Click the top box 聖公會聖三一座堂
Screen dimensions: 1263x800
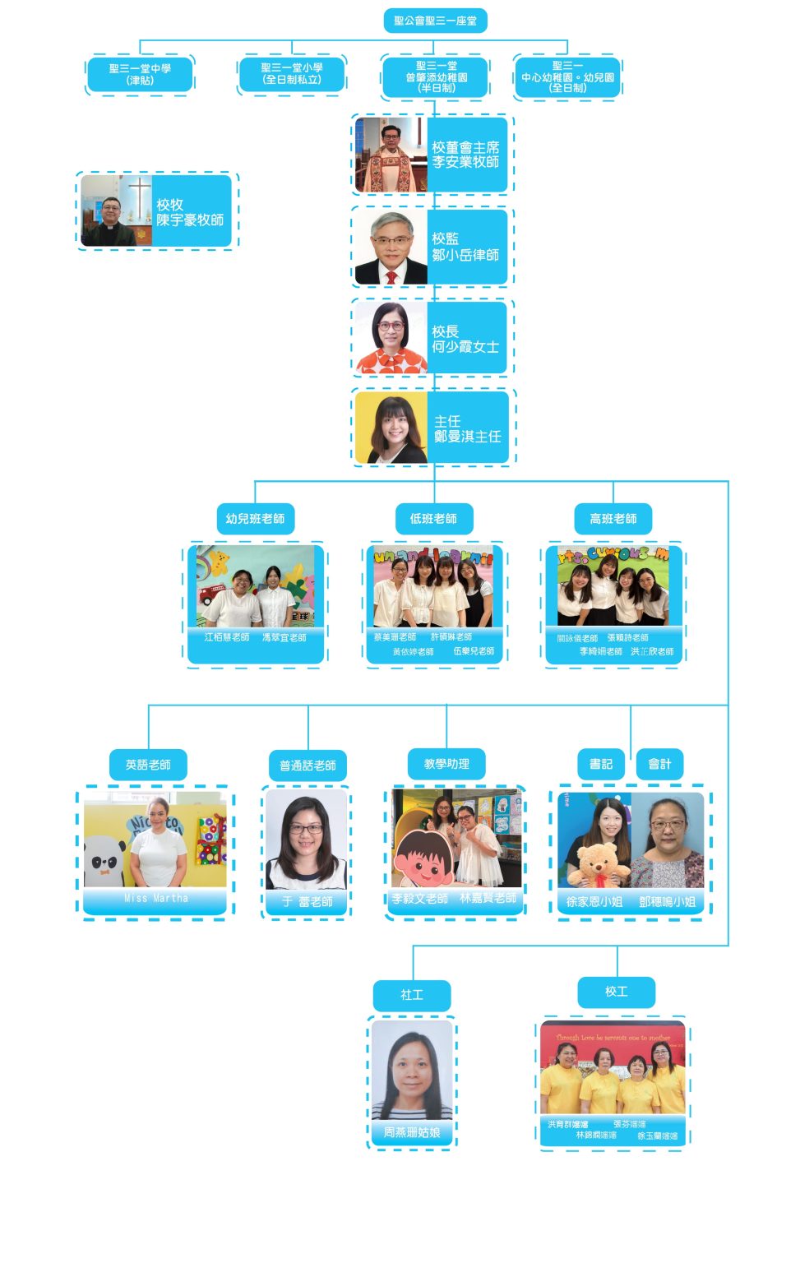(x=435, y=21)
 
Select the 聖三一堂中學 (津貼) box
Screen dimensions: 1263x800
(x=140, y=75)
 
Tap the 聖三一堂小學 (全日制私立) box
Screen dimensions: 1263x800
(x=292, y=74)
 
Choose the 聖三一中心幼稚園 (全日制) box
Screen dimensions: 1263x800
(x=567, y=77)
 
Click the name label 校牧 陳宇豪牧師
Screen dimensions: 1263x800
(x=190, y=212)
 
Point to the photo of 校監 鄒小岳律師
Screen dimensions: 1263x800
(x=391, y=248)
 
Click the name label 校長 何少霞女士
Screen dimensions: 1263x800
(x=465, y=339)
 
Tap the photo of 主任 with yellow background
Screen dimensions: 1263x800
(x=391, y=428)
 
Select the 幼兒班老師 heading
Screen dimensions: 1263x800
(x=255, y=519)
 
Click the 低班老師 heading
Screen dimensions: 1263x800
(x=433, y=519)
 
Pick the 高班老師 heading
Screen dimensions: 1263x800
(x=613, y=519)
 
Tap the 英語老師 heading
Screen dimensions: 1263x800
(x=148, y=765)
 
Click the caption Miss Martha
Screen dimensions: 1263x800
(x=155, y=899)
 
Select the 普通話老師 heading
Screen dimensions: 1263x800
(x=308, y=766)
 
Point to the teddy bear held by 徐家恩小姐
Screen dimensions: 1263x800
(x=599, y=863)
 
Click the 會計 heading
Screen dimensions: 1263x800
(x=659, y=764)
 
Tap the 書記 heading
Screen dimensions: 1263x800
(x=601, y=764)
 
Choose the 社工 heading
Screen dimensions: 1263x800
(x=412, y=995)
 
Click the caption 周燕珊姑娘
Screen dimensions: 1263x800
(x=411, y=1132)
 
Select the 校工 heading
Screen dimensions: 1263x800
(x=617, y=992)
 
